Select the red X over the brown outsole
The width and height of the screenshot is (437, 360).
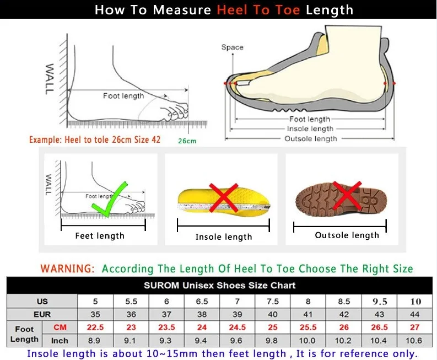click(x=347, y=196)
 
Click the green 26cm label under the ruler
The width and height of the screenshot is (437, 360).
click(x=187, y=141)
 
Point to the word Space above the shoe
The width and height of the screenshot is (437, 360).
click(x=232, y=47)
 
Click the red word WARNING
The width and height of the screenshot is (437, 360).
click(x=67, y=269)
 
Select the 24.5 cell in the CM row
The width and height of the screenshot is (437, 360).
click(x=238, y=327)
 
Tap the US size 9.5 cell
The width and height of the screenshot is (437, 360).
click(x=380, y=302)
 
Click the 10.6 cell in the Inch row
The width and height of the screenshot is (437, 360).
click(x=416, y=340)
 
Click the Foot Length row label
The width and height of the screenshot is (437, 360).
click(x=24, y=334)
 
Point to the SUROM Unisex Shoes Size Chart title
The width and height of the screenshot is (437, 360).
click(x=219, y=286)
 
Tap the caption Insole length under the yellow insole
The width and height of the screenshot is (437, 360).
click(x=224, y=237)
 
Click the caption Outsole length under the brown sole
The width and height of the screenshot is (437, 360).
click(x=347, y=235)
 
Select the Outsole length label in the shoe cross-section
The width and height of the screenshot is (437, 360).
click(x=310, y=138)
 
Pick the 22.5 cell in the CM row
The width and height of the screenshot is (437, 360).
click(x=95, y=327)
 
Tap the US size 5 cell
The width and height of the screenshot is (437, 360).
click(x=95, y=302)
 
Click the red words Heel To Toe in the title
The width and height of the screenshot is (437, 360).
click(x=259, y=10)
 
